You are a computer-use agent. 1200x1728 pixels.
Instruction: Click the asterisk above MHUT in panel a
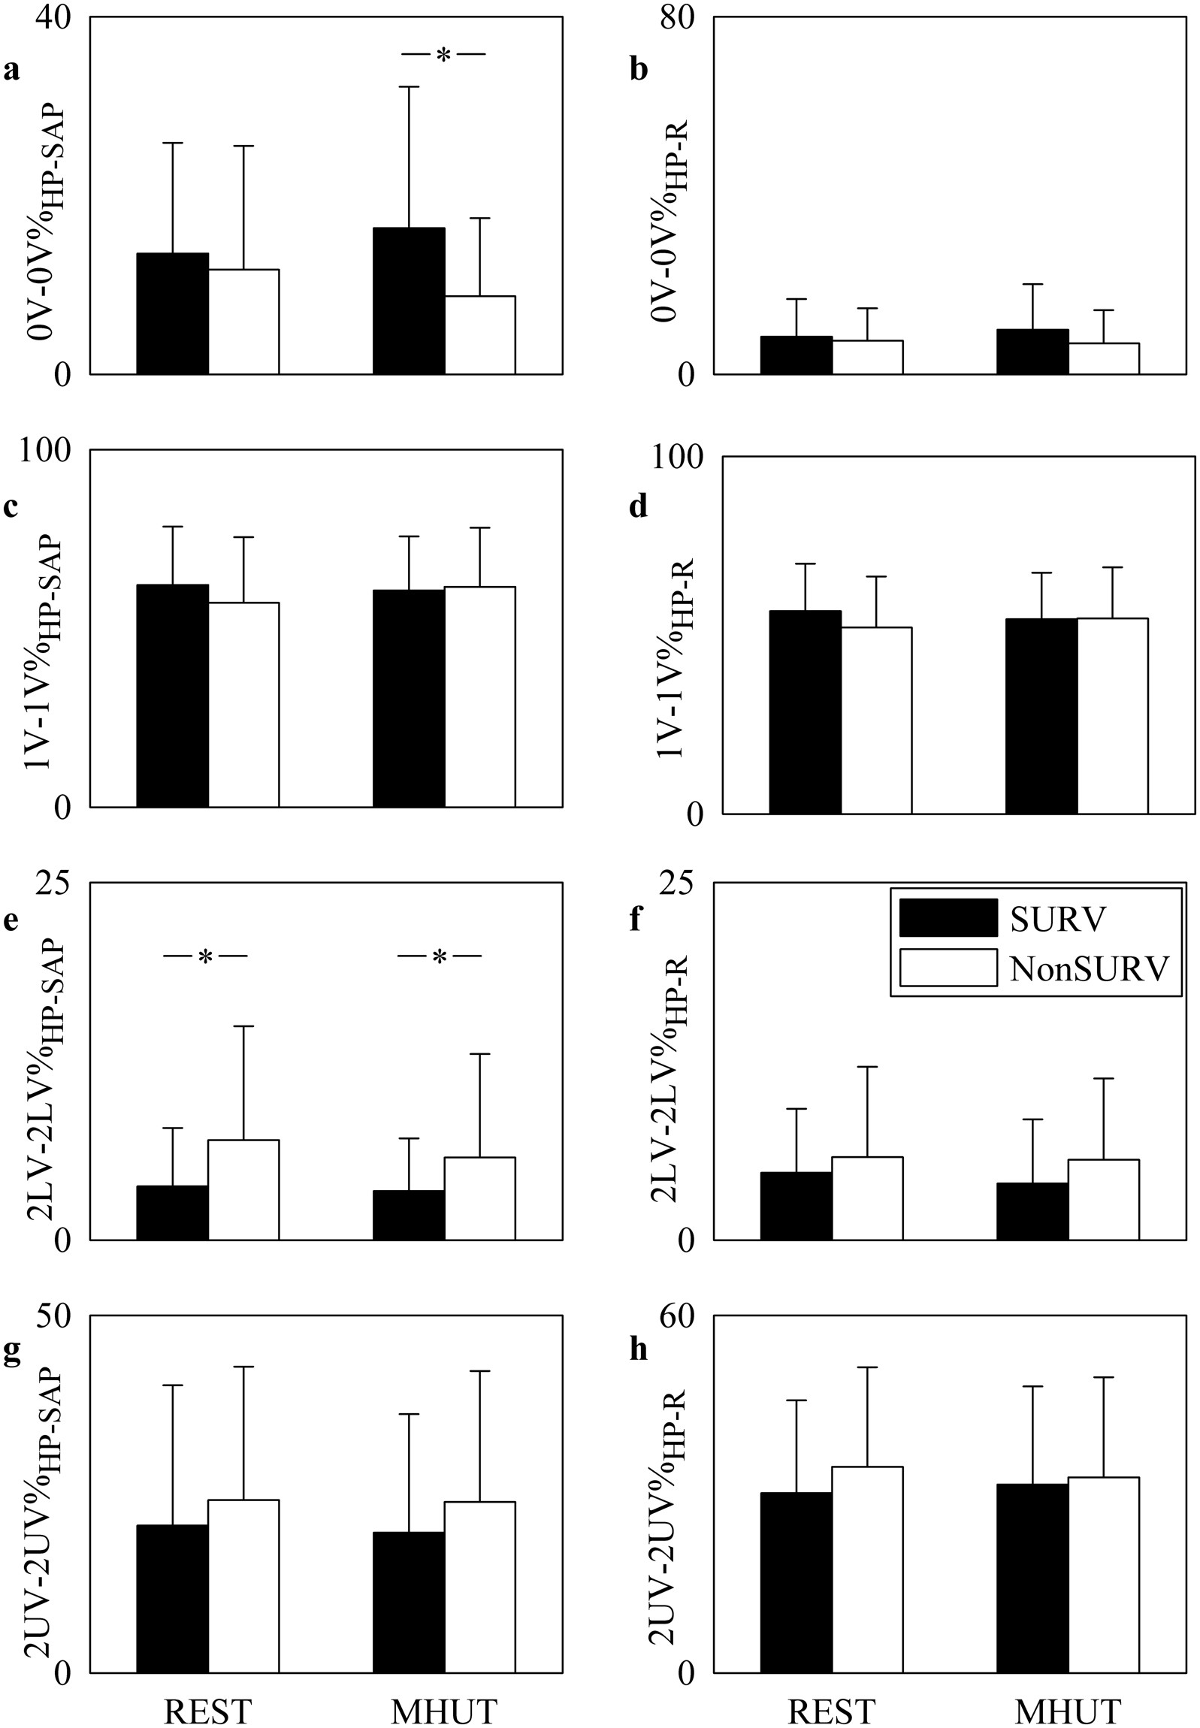[x=443, y=55]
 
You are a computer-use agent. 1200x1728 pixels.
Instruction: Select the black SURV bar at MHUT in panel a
[x=409, y=301]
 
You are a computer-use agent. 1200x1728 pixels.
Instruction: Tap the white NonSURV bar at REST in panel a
[x=243, y=322]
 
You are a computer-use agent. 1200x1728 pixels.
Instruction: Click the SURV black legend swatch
[x=948, y=918]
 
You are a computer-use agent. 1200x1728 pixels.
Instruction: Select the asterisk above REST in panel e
[x=205, y=958]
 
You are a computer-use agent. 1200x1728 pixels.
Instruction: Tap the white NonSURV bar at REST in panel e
[x=243, y=1190]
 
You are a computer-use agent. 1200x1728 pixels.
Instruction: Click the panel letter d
[x=639, y=507]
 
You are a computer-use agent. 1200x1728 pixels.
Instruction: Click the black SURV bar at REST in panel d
[x=806, y=711]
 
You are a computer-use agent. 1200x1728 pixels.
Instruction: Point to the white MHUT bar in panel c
[x=479, y=696]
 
